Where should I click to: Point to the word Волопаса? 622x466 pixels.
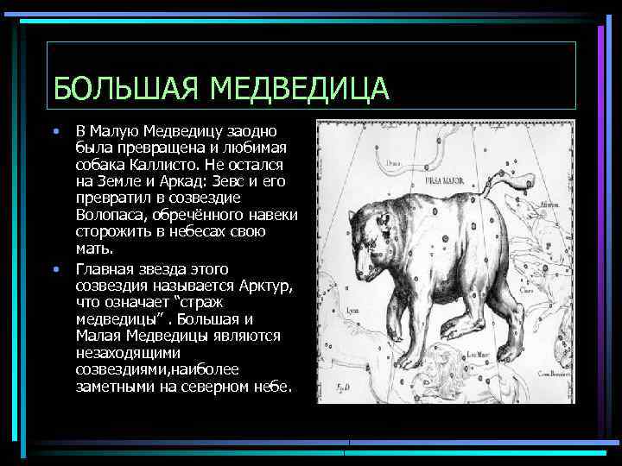[x=110, y=215]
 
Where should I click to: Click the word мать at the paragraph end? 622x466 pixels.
[x=92, y=249]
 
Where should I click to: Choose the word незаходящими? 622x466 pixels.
[x=127, y=353]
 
